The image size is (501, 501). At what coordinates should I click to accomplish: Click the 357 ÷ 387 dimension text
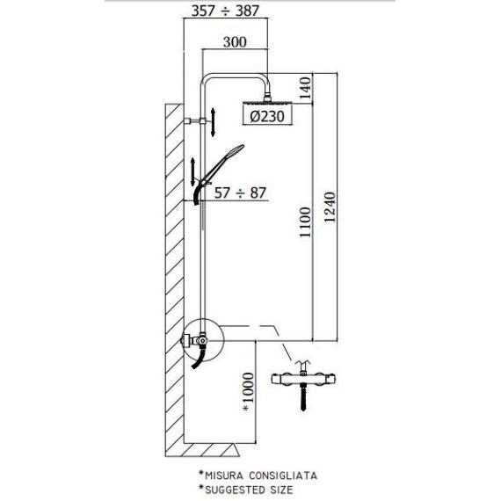click(x=225, y=11)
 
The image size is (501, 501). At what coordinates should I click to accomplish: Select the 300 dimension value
click(x=235, y=42)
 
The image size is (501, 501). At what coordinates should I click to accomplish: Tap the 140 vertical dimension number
click(x=305, y=88)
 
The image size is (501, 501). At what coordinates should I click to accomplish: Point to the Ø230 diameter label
click(x=267, y=116)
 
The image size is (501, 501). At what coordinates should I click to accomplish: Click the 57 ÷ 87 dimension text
click(x=240, y=193)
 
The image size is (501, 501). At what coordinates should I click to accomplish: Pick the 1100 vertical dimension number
click(x=305, y=222)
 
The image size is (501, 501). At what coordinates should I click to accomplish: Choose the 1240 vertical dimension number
click(x=330, y=207)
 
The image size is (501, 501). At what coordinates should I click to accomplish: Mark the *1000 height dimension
click(x=249, y=392)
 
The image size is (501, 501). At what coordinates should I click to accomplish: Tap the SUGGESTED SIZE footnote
click(x=249, y=490)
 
